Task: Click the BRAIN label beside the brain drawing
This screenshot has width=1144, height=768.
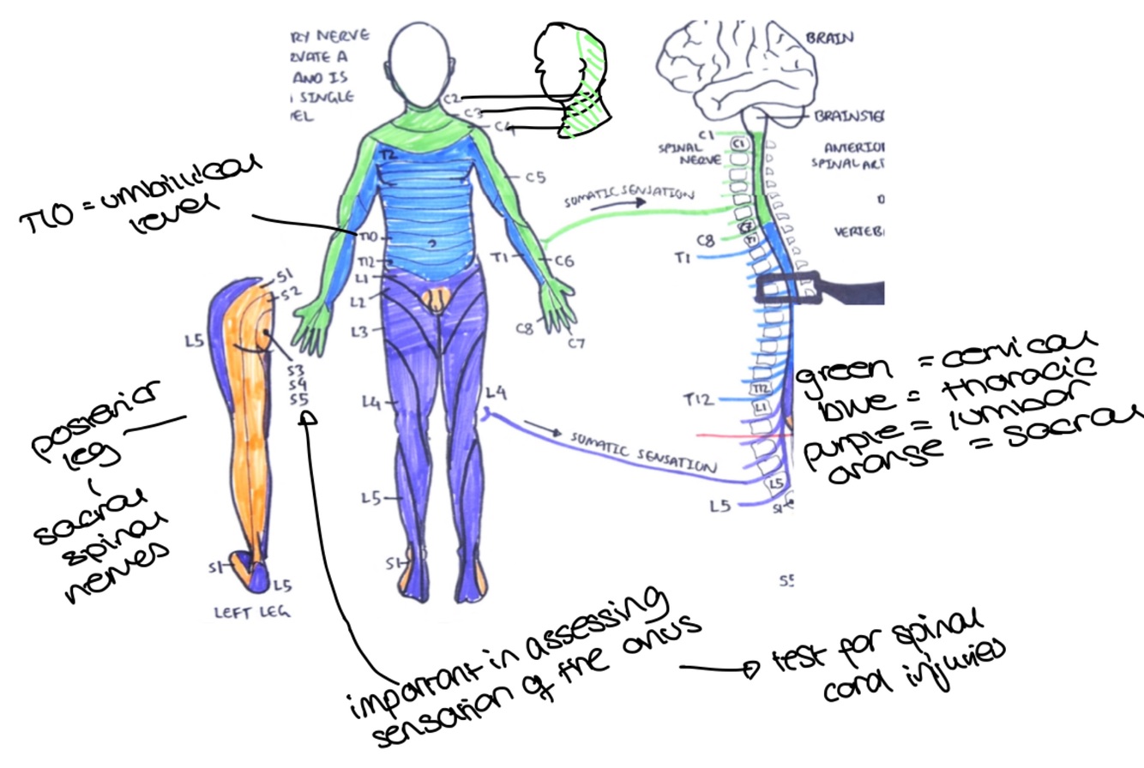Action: [829, 38]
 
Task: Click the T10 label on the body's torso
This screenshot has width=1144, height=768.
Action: [367, 236]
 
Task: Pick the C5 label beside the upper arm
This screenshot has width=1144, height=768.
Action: [536, 178]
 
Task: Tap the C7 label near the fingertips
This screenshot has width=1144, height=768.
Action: [576, 344]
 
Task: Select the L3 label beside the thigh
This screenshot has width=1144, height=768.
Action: [359, 330]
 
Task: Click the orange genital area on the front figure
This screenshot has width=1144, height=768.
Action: [437, 299]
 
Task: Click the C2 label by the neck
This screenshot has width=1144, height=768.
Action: [452, 99]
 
